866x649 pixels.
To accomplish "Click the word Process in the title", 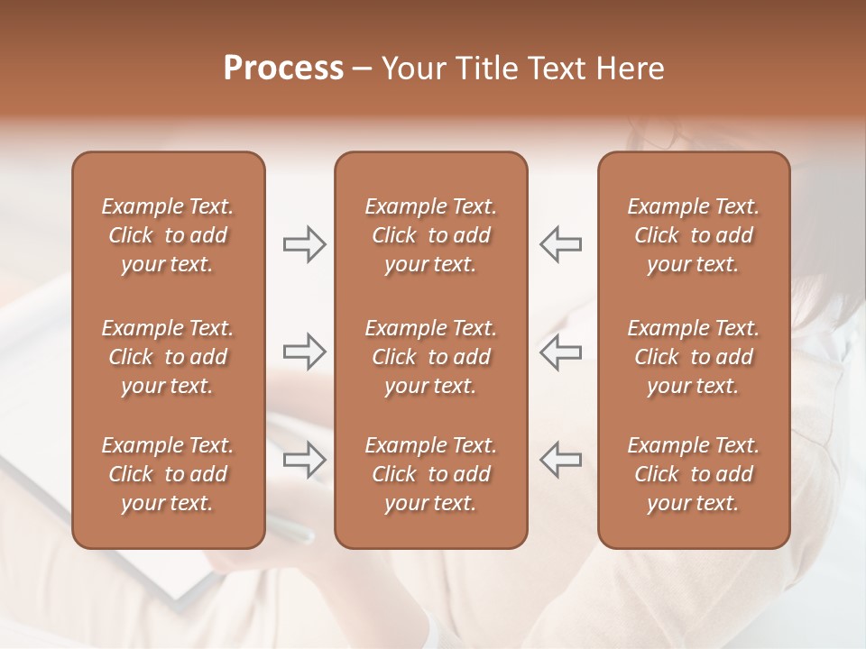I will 283,69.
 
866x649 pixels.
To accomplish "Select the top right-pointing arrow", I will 305,243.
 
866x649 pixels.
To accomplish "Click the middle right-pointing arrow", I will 305,352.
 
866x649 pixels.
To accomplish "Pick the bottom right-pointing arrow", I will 305,460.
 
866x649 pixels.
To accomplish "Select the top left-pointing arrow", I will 560,243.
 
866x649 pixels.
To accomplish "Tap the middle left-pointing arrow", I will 560,352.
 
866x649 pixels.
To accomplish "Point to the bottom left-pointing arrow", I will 560,460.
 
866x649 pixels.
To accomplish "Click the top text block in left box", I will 168,235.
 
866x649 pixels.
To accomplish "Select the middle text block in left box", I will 168,357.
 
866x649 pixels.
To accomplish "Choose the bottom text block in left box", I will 168,474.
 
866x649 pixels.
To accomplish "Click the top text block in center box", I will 430,235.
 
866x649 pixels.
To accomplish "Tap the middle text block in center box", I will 430,357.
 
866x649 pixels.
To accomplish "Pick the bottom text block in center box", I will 430,474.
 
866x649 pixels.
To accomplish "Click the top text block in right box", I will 693,235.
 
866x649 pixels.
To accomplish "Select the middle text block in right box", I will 693,357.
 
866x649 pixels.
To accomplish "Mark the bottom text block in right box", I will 693,474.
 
